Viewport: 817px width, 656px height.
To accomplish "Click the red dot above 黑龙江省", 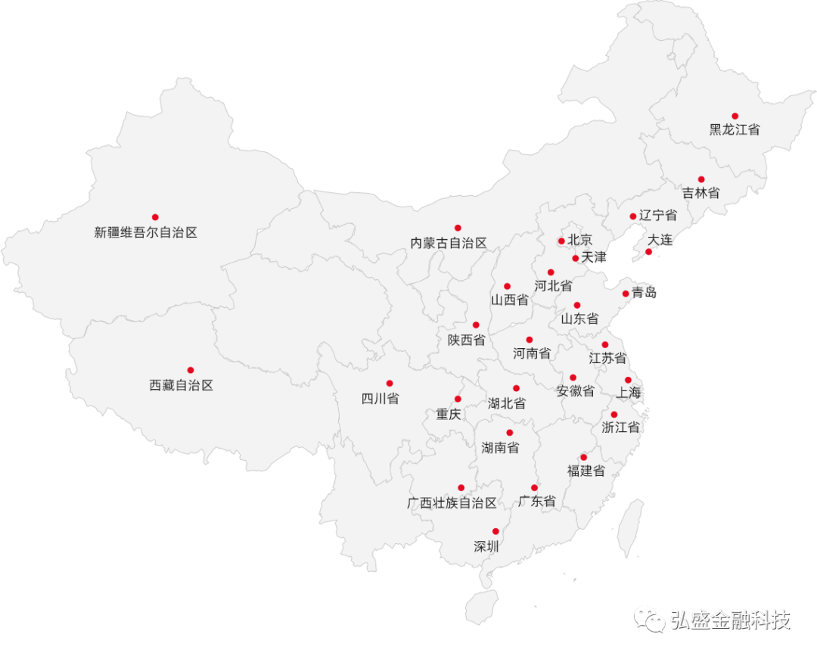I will click(735, 116).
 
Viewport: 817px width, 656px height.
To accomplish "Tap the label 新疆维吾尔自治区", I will click(145, 233).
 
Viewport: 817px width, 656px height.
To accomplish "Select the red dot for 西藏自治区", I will click(191, 370).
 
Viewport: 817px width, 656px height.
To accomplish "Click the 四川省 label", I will click(380, 399).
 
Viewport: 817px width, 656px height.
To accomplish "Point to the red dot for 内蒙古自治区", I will click(458, 228).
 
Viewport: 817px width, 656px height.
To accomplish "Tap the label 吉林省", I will click(701, 193).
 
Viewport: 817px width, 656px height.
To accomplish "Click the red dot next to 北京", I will click(561, 241).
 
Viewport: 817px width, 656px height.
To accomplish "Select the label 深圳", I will click(486, 546).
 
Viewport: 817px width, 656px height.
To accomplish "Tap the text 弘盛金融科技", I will click(730, 620).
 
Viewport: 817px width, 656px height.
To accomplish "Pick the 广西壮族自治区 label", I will click(452, 503).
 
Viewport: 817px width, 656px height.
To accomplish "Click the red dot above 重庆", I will click(458, 399).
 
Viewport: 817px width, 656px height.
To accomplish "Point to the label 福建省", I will click(586, 471).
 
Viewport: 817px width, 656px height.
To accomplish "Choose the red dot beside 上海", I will click(628, 380).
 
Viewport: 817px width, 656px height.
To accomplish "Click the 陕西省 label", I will click(466, 340).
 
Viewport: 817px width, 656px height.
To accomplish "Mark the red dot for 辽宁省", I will click(633, 216).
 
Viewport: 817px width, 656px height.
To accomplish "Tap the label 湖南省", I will click(500, 448).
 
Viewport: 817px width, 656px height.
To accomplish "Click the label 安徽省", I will click(575, 391).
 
